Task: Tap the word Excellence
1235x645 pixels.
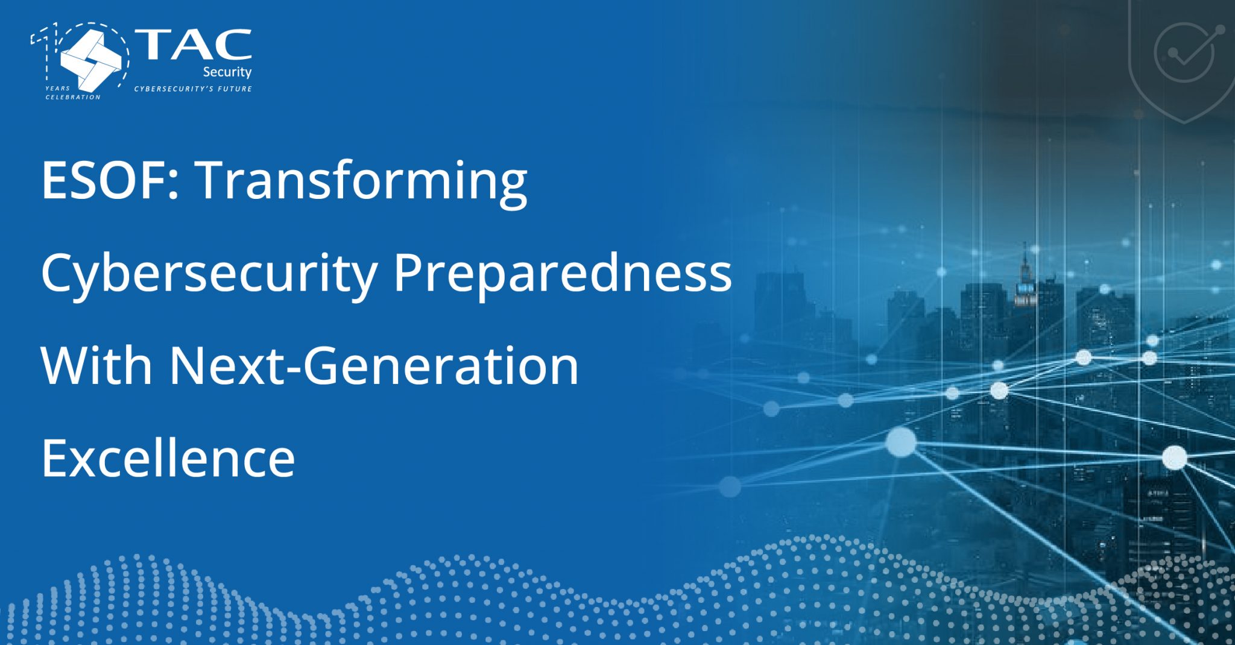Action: point(168,458)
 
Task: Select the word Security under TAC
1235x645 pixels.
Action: point(227,72)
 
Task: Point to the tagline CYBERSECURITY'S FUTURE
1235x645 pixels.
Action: point(193,89)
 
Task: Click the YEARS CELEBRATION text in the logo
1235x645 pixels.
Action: point(72,92)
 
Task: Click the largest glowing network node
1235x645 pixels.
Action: point(901,442)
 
